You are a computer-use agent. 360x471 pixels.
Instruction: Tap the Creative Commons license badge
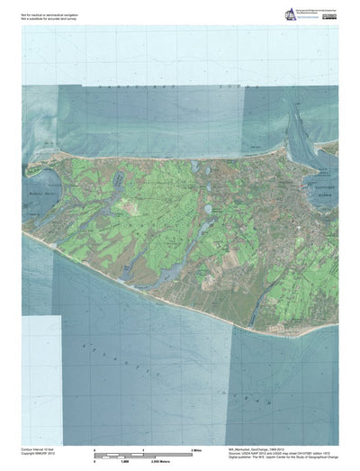click(329, 16)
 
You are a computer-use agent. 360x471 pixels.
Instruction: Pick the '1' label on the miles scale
click(144, 448)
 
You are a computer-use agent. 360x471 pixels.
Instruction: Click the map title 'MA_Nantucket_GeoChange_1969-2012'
click(253, 447)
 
